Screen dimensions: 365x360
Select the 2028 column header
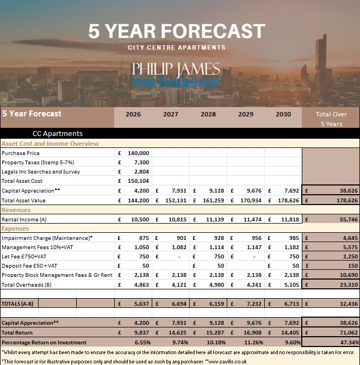tap(208, 114)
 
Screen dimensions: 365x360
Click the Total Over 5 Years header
tap(331, 119)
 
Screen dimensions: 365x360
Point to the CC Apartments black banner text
tap(58, 133)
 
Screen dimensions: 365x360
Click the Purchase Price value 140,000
tap(138, 153)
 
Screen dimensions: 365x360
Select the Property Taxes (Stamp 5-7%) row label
tap(38, 163)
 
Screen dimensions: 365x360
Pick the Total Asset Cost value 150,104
tap(138, 181)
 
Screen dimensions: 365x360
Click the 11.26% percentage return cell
tap(248, 342)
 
